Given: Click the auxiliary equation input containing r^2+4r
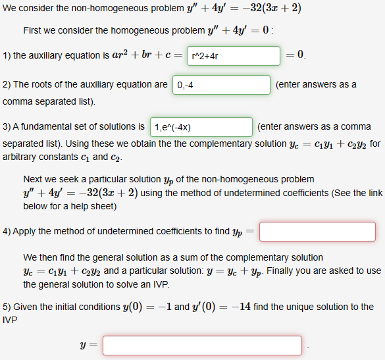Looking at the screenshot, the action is pos(233,56).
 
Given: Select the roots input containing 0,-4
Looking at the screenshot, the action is pos(221,85).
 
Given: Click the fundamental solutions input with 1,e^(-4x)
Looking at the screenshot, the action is pos(201,126).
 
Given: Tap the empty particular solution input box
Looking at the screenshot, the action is pos(317,232).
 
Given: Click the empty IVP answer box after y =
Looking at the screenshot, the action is pos(202,345).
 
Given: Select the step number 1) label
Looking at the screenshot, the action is pos(7,56).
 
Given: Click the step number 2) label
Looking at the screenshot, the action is pos(7,85).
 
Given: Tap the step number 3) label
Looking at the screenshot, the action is pos(7,126).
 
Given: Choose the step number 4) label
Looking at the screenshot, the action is pos(7,232).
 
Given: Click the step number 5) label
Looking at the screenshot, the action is pos(7,307).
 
